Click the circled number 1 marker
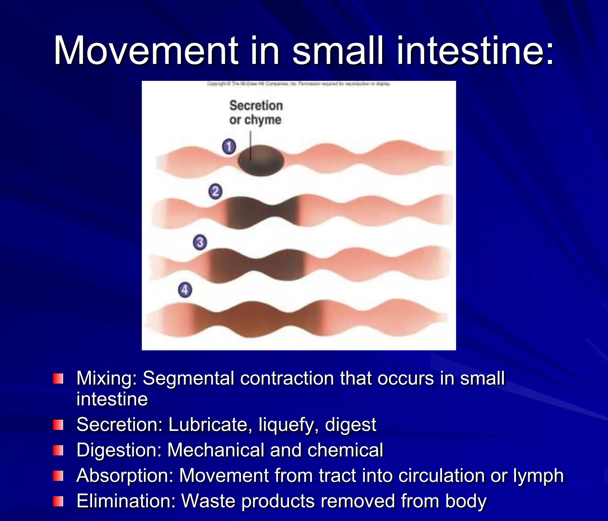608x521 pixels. pos(229,146)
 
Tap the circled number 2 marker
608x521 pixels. pos(215,191)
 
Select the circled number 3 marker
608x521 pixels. pos(200,242)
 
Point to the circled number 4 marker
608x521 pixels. pos(185,290)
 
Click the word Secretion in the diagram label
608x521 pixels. pos(256,106)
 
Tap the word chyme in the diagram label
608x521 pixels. pos(263,120)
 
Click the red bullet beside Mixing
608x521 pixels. pos(58,379)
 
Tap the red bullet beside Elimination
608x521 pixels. pos(58,501)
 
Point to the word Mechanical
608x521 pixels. pos(216,450)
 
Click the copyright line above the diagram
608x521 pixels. pos(298,84)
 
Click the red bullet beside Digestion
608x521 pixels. pos(58,450)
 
